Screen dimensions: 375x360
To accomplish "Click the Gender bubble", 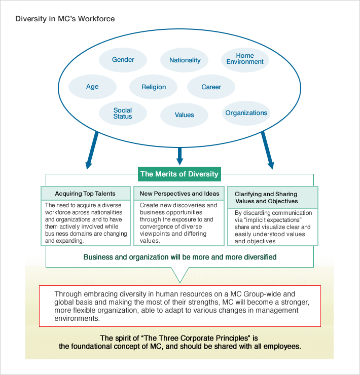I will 123,60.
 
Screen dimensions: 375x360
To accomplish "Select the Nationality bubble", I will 185,60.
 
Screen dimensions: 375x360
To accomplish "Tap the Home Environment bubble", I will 245,59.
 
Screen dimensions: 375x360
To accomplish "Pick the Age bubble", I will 92,87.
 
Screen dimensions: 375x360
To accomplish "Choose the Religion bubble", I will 154,87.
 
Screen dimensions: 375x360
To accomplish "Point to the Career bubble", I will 211,87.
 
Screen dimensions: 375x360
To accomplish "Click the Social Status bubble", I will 123,114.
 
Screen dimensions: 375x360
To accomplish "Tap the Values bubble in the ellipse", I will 184,115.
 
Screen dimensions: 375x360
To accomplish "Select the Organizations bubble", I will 246,113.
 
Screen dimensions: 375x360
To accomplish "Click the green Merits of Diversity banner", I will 179,174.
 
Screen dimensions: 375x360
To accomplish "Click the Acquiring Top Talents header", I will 85,194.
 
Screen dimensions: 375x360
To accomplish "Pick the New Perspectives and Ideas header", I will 179,194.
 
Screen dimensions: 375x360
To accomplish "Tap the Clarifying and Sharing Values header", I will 273,197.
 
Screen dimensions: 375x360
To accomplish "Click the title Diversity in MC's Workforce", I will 65,19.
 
